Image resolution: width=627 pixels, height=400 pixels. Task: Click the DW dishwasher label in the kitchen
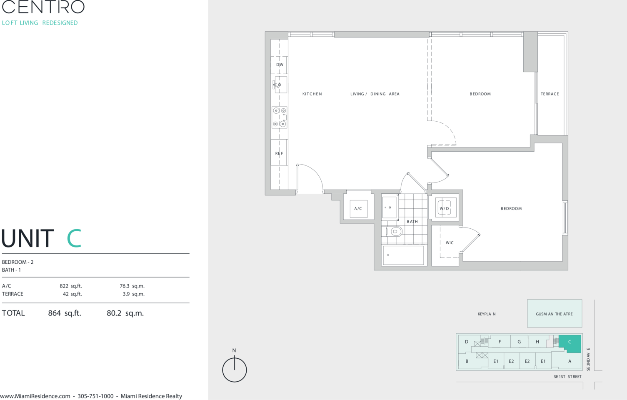coord(280,65)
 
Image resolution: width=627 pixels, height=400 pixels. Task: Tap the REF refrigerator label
coord(279,153)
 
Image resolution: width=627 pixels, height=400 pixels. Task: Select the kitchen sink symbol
coord(280,85)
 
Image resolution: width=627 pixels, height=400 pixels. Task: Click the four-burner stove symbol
coord(280,117)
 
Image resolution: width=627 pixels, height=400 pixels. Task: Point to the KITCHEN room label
coord(312,94)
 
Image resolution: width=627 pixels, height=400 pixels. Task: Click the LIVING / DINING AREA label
coord(375,94)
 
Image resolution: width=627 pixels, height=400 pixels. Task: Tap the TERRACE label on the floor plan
coord(550,94)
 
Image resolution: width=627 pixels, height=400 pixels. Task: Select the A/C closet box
coord(359,208)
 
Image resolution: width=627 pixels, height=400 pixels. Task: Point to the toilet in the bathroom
coord(394,232)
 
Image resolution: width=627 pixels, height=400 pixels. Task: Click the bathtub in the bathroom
coord(403,255)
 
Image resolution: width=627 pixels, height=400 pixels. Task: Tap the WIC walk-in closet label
coord(450,242)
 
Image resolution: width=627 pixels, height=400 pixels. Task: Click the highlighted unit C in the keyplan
coord(570,343)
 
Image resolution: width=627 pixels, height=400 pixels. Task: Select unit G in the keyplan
coord(519,342)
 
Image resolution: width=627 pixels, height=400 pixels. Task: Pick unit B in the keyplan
coord(467,361)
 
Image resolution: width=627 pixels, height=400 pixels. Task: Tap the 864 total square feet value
coord(54,313)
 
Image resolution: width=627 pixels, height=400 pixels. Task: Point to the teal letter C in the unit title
coord(74,238)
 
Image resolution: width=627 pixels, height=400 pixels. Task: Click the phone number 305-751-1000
coord(95,396)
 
